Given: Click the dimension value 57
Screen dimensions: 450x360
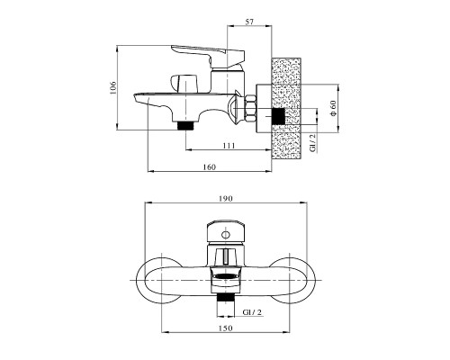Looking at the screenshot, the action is click(x=249, y=22).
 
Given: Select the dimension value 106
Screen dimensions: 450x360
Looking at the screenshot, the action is click(x=112, y=88).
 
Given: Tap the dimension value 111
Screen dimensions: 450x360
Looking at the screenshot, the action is click(x=229, y=146).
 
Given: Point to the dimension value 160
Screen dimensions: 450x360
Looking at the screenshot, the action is click(x=209, y=166).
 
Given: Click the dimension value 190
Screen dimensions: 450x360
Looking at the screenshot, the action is click(x=226, y=199).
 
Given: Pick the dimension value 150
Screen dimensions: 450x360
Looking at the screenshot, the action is click(x=226, y=328).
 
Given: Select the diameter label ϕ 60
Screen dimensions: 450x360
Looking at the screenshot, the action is click(x=333, y=108).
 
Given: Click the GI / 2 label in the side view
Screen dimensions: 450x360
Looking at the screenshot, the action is click(x=312, y=143).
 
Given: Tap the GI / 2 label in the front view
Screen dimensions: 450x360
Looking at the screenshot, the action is click(x=252, y=312).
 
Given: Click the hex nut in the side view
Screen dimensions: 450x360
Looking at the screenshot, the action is click(x=250, y=108).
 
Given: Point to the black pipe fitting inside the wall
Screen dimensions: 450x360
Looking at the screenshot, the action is click(x=278, y=116).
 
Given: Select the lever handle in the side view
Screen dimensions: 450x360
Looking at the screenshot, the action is click(x=208, y=56).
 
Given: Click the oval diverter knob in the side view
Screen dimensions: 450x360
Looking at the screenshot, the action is click(x=184, y=82).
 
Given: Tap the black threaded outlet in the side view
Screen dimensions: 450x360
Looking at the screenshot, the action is click(x=185, y=125).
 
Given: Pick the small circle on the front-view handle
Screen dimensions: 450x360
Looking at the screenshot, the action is click(x=225, y=235).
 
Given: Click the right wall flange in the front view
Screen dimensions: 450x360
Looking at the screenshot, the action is click(x=292, y=280).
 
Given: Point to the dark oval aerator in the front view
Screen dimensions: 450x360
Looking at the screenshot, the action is click(x=226, y=275).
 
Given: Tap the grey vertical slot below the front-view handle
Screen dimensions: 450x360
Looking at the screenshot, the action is click(x=226, y=256).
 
